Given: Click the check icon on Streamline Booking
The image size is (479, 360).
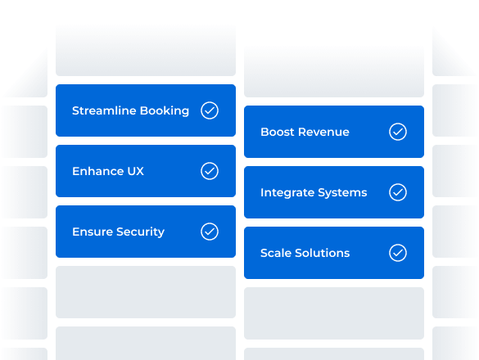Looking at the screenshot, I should click(210, 110).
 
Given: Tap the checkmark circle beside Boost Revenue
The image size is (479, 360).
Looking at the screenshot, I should click(398, 132).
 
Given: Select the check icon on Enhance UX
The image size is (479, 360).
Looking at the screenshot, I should click(210, 171).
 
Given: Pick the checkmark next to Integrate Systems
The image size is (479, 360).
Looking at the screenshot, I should click(398, 192).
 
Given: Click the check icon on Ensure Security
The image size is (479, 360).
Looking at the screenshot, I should click(210, 232).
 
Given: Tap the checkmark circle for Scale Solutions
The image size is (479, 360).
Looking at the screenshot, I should click(398, 253).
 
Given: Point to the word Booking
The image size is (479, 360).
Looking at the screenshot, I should click(164, 111).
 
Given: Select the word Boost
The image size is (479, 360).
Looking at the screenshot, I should click(277, 132).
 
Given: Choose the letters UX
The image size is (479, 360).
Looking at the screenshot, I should click(136, 171).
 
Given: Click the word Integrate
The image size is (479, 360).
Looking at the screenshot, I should click(287, 193).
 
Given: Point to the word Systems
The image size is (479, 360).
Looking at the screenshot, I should click(342, 193).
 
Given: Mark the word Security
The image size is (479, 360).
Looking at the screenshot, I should click(142, 232).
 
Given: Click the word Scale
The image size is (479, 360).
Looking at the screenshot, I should click(276, 253).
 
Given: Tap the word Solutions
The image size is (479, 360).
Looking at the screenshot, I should click(323, 253).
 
